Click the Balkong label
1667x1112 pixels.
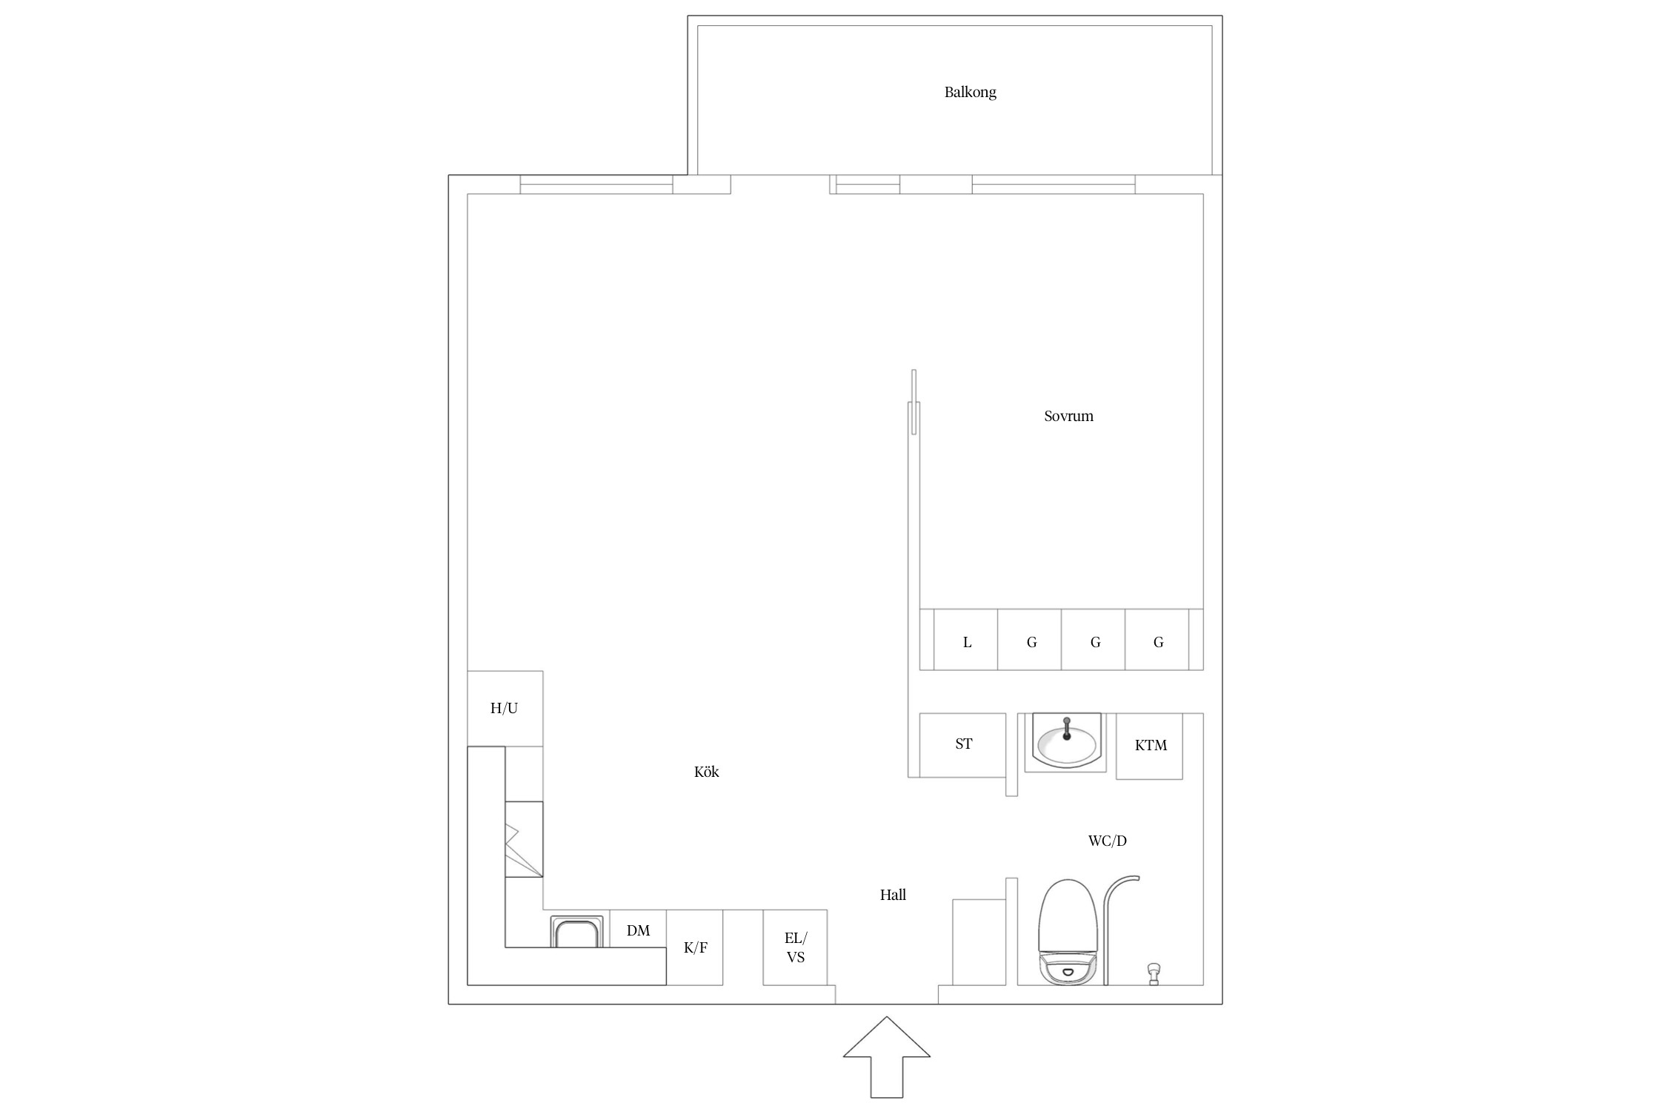tap(970, 93)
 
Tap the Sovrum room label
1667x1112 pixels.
tap(1068, 416)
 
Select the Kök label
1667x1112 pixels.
tap(706, 772)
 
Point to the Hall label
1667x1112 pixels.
tap(893, 895)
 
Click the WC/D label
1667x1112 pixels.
tap(1107, 841)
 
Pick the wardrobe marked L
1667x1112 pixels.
tap(965, 639)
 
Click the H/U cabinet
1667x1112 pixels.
tap(505, 709)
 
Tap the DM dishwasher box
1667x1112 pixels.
tap(638, 929)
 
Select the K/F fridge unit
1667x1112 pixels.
tap(695, 947)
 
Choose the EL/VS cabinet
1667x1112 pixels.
tap(795, 947)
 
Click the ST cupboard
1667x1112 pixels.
tap(963, 745)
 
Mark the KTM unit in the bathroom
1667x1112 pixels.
tap(1150, 746)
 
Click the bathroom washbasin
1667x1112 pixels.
tap(1067, 743)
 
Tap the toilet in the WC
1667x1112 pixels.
tap(1067, 932)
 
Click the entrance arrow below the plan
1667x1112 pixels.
tap(887, 1057)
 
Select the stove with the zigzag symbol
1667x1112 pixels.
tap(524, 839)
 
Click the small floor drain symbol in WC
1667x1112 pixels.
tap(1153, 973)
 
